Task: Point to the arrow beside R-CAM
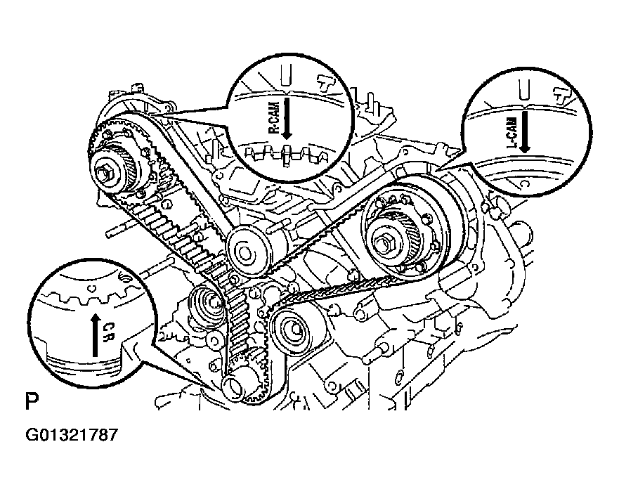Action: (287, 119)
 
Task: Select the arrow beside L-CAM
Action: (526, 131)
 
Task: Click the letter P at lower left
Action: (31, 403)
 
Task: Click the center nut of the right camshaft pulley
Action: (386, 244)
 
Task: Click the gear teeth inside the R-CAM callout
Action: (281, 152)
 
